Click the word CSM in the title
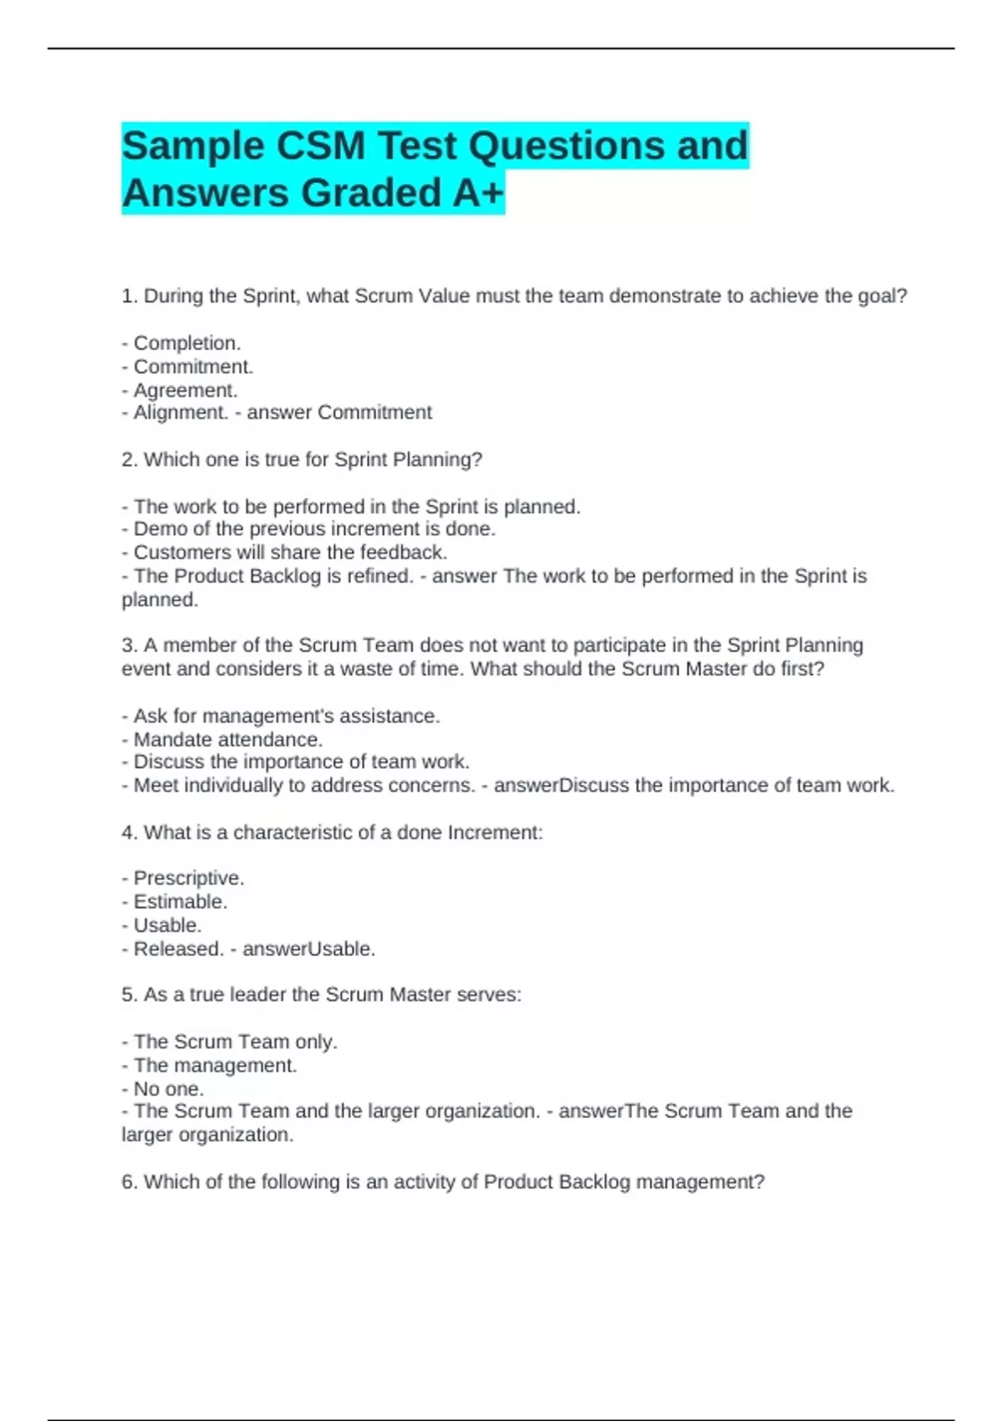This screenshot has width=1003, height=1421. point(321,146)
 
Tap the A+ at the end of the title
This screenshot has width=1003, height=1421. point(478,193)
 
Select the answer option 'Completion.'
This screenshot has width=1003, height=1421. point(186,344)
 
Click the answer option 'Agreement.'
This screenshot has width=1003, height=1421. point(185,390)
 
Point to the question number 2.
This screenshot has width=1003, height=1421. point(129,460)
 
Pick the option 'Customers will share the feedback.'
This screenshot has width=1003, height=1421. point(290,553)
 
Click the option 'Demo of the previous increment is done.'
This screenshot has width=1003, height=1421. point(314,529)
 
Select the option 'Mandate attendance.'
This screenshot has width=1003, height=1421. point(227,740)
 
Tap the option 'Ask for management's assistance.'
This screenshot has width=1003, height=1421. point(286,716)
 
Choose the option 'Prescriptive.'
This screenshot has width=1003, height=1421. point(188,879)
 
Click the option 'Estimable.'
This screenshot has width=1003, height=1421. point(180,902)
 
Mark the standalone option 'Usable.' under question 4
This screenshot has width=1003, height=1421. point(167,925)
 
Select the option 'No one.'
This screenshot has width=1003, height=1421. point(168,1089)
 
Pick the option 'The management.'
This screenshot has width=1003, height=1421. point(215,1066)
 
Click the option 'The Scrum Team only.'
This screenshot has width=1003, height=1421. point(235,1042)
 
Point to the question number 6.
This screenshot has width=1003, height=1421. point(129,1182)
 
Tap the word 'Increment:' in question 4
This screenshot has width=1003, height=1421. point(496,833)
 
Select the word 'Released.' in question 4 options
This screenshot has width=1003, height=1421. point(178,950)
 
